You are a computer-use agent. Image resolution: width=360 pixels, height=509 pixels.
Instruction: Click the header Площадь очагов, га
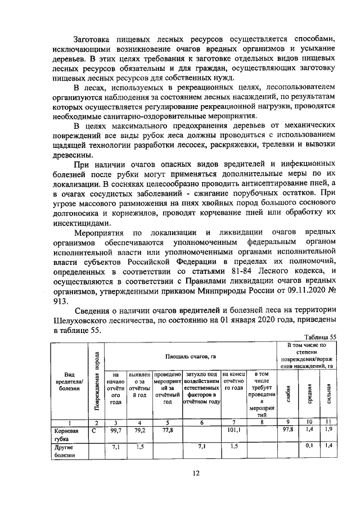click(191, 356)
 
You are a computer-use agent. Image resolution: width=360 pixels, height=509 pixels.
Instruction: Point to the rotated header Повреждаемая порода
click(96, 382)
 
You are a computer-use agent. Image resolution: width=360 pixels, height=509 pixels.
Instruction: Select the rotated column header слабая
click(288, 392)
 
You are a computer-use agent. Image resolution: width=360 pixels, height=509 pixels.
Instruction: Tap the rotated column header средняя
click(309, 392)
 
